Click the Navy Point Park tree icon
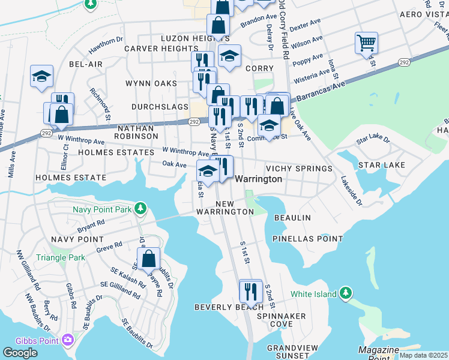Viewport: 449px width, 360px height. (140, 209)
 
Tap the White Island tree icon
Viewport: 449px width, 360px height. (345, 294)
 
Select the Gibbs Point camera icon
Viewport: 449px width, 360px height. (67, 341)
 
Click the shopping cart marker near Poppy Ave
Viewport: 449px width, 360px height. (366, 43)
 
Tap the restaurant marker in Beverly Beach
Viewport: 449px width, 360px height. (251, 292)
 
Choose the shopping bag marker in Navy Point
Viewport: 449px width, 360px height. (148, 259)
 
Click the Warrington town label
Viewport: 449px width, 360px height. (258, 179)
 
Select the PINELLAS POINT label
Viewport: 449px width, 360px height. (307, 238)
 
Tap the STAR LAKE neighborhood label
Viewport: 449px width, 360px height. (381, 164)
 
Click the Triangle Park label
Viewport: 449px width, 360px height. (61, 257)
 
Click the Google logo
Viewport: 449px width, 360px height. (20, 352)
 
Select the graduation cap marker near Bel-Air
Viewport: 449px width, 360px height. (42, 77)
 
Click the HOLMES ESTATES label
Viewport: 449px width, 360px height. (116, 152)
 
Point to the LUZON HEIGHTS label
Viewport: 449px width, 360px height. (186, 38)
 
